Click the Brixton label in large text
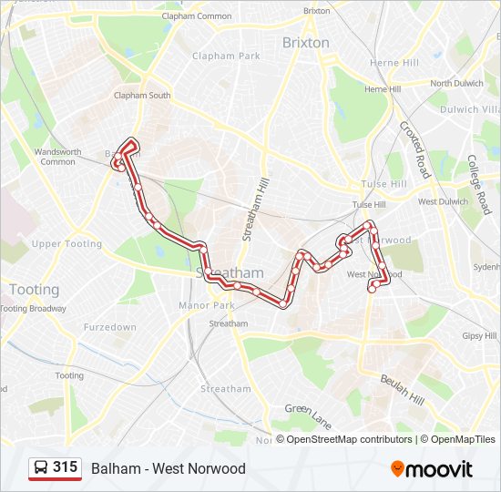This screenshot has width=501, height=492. click(305, 43)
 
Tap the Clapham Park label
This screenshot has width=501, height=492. click(226, 56)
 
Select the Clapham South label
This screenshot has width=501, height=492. click(141, 96)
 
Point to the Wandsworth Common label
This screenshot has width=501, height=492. click(57, 157)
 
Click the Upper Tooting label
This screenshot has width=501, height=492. click(66, 244)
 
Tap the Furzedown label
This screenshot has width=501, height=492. click(109, 327)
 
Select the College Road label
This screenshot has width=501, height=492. click(479, 174)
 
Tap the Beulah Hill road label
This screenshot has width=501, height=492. click(403, 387)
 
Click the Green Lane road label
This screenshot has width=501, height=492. click(307, 415)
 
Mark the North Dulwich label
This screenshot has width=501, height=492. click(454, 84)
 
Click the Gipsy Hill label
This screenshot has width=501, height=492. click(479, 336)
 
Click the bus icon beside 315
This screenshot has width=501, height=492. click(41, 468)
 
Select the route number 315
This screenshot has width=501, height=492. click(65, 467)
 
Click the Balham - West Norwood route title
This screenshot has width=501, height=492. click(169, 468)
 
